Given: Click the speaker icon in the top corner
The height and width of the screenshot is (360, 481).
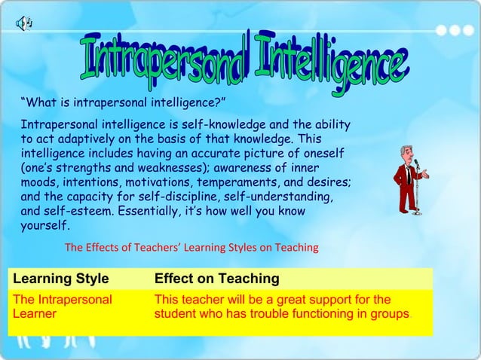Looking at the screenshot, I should coord(22,23).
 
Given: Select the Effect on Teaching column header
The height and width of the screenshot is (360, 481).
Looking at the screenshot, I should coord(216,279).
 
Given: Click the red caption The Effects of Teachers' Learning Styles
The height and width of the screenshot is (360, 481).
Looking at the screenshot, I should coord(192,247).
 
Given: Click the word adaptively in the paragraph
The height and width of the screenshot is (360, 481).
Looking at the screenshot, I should coord(87,139).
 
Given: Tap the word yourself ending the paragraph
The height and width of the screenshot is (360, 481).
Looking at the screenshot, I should coord(45,226).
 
